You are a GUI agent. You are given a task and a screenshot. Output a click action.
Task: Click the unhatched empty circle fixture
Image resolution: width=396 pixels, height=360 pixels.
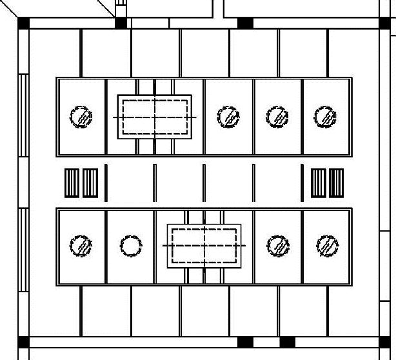tap(131, 246)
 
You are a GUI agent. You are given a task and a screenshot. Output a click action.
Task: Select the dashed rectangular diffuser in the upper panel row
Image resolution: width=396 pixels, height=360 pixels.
tap(155, 117)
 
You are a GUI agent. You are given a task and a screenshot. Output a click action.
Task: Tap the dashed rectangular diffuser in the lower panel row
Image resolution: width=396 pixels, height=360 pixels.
tap(204, 246)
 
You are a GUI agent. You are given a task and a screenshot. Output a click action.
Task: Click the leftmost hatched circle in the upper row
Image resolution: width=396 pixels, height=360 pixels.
tap(81, 117)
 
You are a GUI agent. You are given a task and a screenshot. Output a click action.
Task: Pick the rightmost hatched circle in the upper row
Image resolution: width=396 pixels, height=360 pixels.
tap(325, 117)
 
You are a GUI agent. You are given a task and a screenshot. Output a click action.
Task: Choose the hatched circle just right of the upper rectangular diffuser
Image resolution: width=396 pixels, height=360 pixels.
tap(228, 117)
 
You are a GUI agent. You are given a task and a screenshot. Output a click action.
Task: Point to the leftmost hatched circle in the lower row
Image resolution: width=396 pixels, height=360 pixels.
tap(81, 246)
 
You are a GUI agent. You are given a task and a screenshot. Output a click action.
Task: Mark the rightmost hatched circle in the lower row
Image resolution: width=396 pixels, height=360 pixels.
tap(328, 246)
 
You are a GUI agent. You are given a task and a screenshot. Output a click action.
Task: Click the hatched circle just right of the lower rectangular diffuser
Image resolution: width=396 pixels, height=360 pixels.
tap(278, 246)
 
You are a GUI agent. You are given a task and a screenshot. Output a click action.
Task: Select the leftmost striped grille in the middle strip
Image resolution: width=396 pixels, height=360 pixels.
tap(72, 183)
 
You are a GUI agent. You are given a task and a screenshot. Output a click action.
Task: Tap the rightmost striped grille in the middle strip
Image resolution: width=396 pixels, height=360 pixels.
tap(336, 183)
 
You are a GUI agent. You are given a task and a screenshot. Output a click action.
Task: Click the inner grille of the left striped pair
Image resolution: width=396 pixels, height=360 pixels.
tap(90, 183)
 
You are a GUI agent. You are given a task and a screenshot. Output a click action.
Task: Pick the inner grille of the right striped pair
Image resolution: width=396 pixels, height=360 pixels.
tap(319, 183)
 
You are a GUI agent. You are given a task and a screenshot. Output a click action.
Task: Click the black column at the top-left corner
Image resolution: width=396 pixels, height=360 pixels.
tap(23, 23)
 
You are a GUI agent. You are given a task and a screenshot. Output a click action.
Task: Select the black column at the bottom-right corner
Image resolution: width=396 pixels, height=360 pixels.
tap(384, 342)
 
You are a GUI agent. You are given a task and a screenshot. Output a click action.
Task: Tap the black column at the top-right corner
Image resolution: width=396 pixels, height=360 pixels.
tap(384, 23)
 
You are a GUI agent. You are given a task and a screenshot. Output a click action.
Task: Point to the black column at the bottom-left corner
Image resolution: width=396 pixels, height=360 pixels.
tap(23, 342)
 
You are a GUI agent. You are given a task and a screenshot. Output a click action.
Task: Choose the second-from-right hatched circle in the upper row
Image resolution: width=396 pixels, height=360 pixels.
tap(277, 117)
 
